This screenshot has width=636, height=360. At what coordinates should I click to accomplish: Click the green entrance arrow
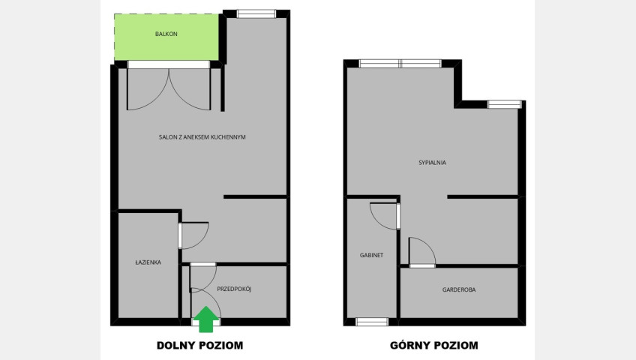206,319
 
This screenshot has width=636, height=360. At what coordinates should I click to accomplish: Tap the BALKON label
166,34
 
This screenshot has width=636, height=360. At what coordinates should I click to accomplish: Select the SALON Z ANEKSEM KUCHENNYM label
202,137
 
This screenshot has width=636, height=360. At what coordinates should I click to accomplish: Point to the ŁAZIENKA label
148,262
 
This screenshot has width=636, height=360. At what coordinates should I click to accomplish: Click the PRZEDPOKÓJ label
234,289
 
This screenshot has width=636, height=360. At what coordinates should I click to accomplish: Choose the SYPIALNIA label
433,163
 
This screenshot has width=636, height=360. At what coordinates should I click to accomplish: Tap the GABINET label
371,255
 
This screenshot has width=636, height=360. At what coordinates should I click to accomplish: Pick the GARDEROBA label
459,289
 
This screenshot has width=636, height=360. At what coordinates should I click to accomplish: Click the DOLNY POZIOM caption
200,346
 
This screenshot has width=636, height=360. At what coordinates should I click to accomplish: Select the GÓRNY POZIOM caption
434,346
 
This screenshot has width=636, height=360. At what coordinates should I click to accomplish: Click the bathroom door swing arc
201,242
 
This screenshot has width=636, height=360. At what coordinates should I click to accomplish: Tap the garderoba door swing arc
429,245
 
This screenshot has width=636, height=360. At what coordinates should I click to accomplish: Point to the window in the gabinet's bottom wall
372,322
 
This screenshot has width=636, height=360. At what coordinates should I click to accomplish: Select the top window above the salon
256,13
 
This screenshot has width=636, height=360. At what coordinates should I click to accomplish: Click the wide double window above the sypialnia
400,64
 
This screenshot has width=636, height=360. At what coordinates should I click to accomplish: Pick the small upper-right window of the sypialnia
504,104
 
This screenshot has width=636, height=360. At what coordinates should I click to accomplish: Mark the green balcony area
166,37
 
